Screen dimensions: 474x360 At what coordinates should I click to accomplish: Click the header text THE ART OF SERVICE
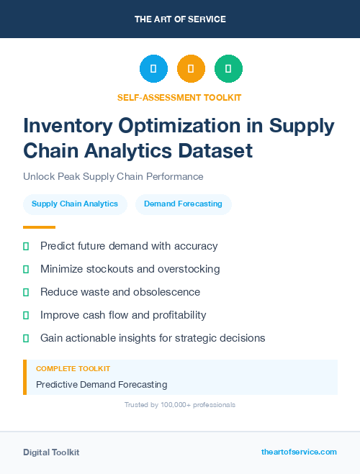pos(180,19)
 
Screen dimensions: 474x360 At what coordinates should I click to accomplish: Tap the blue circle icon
pos(153,69)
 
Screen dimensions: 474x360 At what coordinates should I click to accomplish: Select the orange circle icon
pos(191,69)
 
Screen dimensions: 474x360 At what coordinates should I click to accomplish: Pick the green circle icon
pos(228,69)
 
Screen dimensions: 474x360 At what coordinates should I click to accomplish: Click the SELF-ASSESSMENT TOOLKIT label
pos(179,97)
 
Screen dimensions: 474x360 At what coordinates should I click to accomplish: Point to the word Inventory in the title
pos(67,126)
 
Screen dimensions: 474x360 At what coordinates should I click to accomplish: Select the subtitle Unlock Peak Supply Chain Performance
pos(113,176)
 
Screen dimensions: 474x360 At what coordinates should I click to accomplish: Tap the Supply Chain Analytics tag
pos(75,204)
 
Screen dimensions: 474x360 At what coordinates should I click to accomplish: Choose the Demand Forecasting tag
pos(183,204)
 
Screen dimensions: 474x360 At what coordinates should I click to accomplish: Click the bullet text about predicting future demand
pos(129,246)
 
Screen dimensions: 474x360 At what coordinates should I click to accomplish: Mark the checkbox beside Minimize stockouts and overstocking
pos(26,269)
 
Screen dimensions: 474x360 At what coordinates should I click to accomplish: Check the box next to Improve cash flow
pos(26,315)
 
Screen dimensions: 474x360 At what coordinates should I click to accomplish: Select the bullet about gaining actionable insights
pos(153,338)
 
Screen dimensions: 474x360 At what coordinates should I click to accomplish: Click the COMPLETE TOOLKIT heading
pos(73,368)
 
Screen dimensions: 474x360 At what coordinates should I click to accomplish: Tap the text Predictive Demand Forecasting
pos(102,385)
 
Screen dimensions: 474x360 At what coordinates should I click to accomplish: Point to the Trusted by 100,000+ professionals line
pos(180,405)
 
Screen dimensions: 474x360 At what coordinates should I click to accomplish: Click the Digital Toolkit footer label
pos(51,452)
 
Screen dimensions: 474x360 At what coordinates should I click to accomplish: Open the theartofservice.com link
pos(299,452)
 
